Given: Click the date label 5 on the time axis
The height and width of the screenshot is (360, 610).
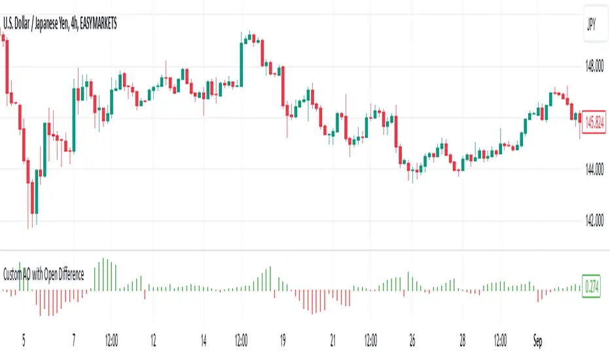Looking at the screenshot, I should (24, 340).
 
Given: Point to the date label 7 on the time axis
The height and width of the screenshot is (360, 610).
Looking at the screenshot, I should (74, 340).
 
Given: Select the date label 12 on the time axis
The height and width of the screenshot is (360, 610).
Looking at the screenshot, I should (152, 340).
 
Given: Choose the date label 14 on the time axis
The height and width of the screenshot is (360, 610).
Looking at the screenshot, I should (204, 340).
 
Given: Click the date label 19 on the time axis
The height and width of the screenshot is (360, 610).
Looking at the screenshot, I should (283, 340).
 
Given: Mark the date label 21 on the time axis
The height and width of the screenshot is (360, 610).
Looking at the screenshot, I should (334, 340).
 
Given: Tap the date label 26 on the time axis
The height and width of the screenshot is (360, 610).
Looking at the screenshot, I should (412, 340).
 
